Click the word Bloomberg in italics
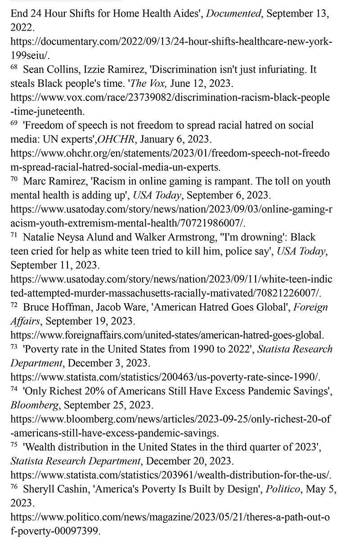click(35, 405)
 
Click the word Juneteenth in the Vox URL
click(65, 111)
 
